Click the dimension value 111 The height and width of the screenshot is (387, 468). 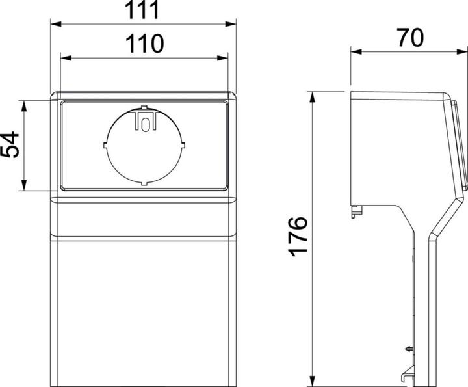pyautogui.click(x=143, y=11)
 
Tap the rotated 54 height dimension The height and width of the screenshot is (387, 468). pyautogui.click(x=10, y=146)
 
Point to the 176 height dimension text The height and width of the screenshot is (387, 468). pyautogui.click(x=298, y=237)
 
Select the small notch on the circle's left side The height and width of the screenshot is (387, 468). pyautogui.click(x=105, y=144)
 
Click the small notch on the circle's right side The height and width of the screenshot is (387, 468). pyautogui.click(x=184, y=144)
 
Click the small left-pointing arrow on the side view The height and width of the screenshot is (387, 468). pyautogui.click(x=408, y=350)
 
